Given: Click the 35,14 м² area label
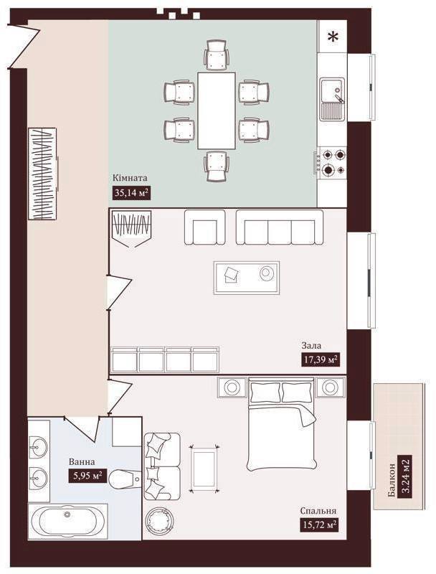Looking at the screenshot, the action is [132, 192].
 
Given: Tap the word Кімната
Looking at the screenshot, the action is [130, 178].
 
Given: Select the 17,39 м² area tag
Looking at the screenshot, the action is [320, 359].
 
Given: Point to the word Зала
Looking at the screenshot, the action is [311, 345].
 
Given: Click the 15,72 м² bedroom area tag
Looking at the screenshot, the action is [318, 524].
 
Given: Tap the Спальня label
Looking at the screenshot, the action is [318, 511].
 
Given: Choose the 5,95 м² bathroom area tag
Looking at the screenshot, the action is [87, 476].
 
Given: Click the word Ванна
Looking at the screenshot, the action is [82, 462].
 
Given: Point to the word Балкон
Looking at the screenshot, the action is [392, 480].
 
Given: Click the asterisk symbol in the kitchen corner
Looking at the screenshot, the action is [332, 37].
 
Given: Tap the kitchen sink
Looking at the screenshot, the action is [333, 99].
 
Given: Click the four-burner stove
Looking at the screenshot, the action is [332, 162].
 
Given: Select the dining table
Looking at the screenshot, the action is [216, 110].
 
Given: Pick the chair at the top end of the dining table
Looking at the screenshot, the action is [217, 55].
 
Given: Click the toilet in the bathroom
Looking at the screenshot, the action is [125, 478].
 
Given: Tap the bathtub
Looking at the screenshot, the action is [68, 522].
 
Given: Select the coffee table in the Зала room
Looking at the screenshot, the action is [247, 278].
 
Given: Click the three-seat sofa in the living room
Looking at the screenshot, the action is [280, 227].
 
